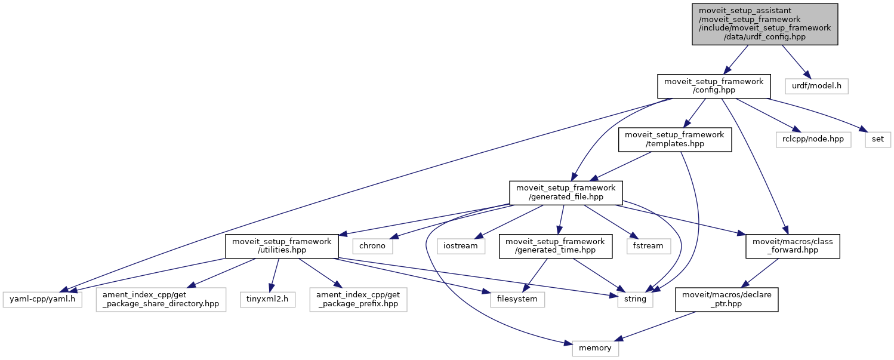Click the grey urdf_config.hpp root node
765,24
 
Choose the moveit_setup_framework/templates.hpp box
674,139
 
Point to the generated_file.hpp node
565,192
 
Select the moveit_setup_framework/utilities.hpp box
282,245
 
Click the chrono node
373,245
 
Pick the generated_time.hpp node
556,245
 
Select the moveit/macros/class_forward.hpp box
793,245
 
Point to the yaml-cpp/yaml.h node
42,299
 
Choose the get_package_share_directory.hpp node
161,299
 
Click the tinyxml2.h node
267,299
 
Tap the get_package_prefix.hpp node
358,299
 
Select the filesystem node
517,299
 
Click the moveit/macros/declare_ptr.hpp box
726,299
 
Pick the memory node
595,347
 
